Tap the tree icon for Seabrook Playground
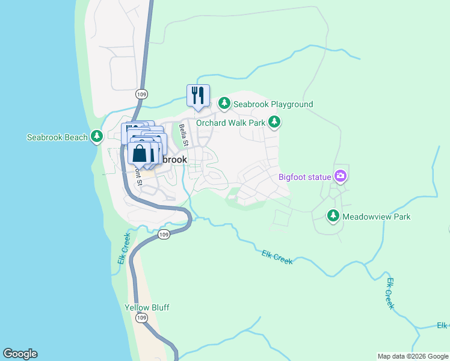click(224, 104)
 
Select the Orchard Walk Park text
click(230, 123)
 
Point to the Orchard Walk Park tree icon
click(274, 123)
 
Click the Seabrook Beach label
click(58, 137)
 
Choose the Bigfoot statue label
click(304, 177)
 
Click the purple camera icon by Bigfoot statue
click(341, 176)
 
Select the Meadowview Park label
click(377, 216)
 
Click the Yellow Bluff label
click(147, 307)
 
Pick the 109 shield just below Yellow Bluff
click(142, 318)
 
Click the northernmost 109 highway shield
click(141, 94)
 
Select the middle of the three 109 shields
click(164, 234)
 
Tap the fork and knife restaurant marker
click(198, 95)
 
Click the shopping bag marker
click(139, 153)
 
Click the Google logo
click(20, 354)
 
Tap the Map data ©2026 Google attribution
click(413, 356)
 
